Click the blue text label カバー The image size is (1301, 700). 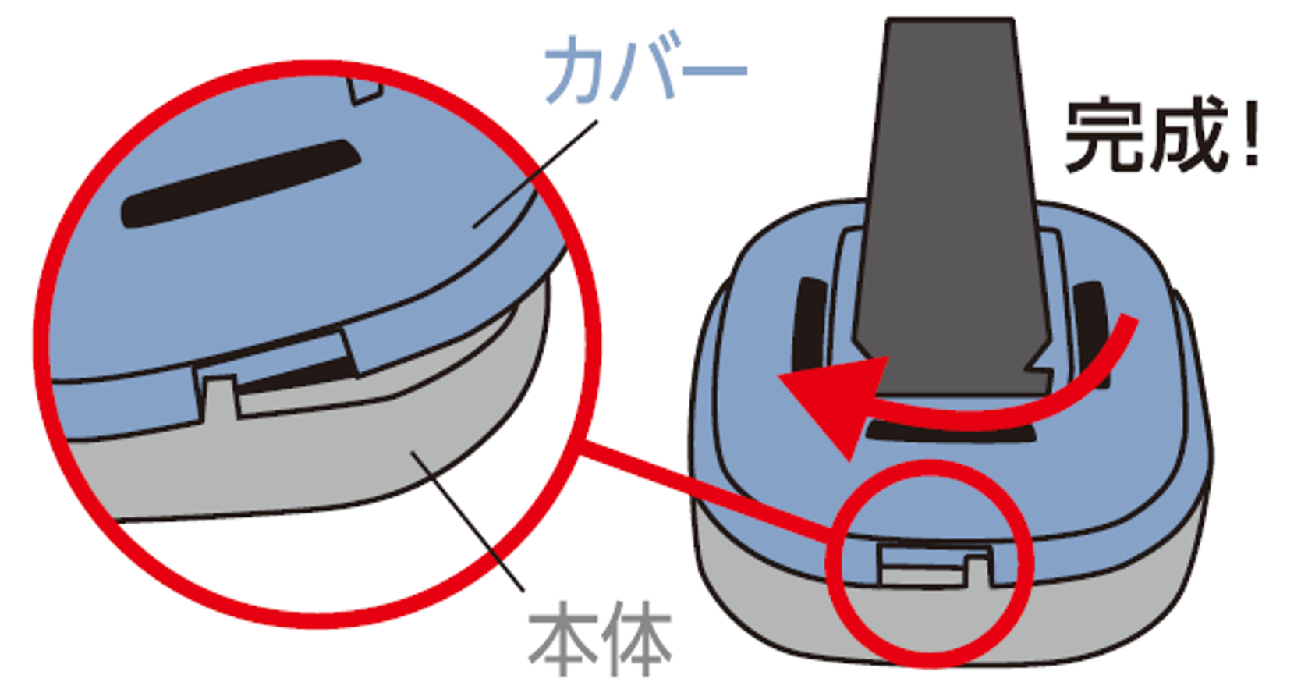coord(645,69)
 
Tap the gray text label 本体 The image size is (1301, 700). coord(600,639)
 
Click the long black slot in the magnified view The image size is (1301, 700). coord(240,183)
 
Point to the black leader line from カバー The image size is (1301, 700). coord(535,174)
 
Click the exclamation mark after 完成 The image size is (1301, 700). coord(1249,133)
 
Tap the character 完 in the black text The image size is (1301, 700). coord(1101,136)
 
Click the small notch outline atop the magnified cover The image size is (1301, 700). coord(365,92)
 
